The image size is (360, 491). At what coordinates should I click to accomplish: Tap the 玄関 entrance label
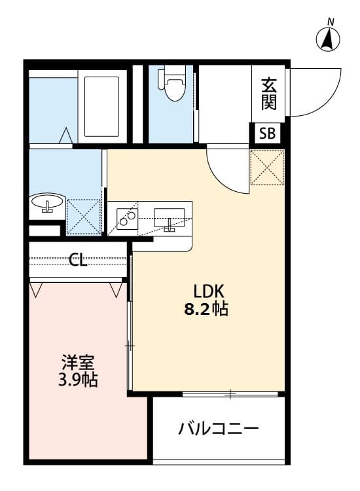(268, 93)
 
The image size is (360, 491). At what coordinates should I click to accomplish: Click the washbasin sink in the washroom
(47, 203)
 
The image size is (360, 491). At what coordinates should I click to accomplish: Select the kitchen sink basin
(169, 216)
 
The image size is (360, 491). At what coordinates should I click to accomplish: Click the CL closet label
(79, 260)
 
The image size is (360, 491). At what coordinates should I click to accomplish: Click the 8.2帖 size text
(209, 309)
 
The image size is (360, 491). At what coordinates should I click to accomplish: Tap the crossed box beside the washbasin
(84, 216)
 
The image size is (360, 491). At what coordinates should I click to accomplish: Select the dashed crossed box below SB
(268, 167)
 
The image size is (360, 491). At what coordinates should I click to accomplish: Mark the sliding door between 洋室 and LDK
(130, 327)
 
